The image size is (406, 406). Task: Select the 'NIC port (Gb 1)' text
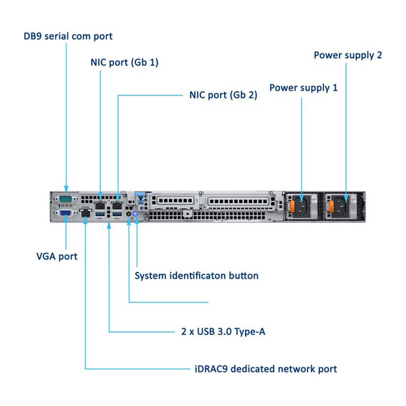[x=124, y=62]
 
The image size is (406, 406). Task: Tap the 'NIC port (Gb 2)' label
[x=223, y=94]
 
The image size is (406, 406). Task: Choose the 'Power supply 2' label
[x=348, y=55]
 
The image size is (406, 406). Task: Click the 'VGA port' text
[x=57, y=256]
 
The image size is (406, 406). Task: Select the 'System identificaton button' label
[x=197, y=275]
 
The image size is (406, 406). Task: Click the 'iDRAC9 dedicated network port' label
[x=265, y=368]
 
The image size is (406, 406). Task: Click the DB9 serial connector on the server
[x=66, y=199]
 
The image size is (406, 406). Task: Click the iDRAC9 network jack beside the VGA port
[x=85, y=212]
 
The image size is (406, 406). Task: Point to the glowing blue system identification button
[x=135, y=213]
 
